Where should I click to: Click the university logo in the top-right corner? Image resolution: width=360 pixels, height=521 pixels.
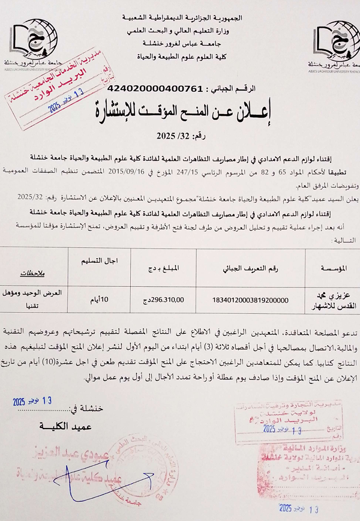coord(333,45)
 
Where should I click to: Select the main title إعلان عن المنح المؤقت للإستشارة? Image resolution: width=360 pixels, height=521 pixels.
coord(180,112)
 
